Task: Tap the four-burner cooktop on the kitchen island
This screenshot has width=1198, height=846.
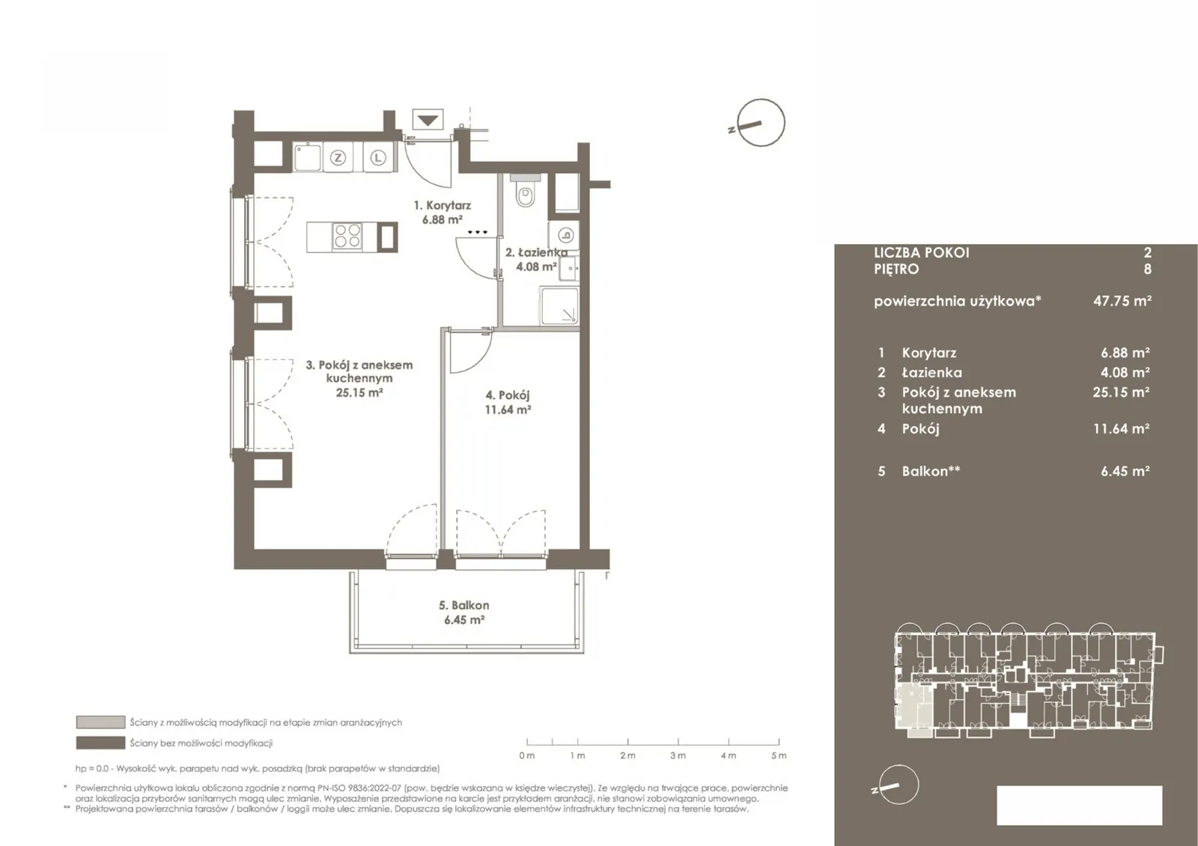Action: (347, 237)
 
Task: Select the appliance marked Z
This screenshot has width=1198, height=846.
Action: (338, 158)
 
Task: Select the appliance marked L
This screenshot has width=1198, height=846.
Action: (378, 158)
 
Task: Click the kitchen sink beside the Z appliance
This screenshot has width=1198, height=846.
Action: (308, 157)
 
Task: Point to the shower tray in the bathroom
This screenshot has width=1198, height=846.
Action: (559, 306)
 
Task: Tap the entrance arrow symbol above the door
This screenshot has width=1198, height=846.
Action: (428, 120)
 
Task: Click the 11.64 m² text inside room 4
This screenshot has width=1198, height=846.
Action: (508, 410)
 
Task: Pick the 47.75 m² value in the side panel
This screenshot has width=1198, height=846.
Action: (1122, 300)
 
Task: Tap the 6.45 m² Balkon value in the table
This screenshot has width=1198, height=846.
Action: (1125, 471)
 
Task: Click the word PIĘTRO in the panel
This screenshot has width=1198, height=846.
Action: (896, 269)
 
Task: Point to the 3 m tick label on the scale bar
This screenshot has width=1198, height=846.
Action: (678, 755)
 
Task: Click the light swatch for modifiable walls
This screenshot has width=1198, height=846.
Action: (100, 722)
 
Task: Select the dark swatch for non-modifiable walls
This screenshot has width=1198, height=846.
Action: (100, 743)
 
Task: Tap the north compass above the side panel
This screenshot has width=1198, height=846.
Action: (760, 123)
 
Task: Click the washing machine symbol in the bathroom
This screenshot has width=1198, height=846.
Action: (564, 235)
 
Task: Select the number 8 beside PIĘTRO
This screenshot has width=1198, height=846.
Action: (1147, 269)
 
